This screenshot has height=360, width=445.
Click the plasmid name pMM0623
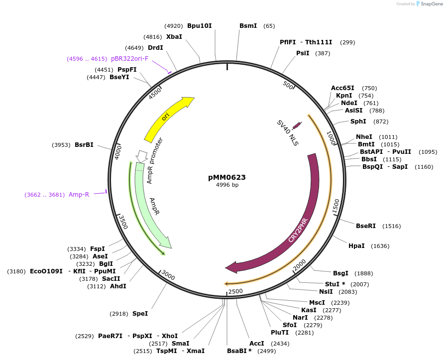[227, 177]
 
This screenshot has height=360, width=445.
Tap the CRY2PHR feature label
[298, 230]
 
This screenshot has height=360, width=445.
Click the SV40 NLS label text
[288, 133]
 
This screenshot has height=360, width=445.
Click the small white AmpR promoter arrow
[141, 155]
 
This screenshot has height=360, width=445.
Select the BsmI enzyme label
[248, 25]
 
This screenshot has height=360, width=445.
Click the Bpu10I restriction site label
[200, 25]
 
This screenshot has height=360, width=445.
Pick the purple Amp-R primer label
[79, 195]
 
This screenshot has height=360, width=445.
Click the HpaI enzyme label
[356, 246]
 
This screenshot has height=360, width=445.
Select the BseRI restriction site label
[366, 226]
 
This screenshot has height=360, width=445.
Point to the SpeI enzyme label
[140, 314]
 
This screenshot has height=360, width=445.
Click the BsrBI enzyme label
[84, 145]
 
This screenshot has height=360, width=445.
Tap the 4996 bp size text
[227, 185]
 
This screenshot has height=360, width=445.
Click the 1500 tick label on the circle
[335, 206]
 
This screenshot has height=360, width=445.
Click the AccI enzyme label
[257, 344]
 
